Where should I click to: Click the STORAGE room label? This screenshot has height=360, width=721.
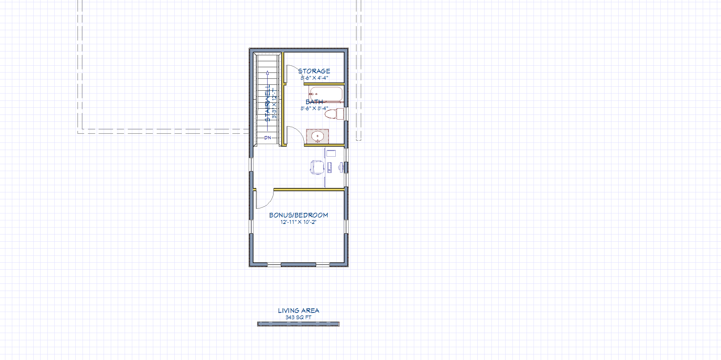314,71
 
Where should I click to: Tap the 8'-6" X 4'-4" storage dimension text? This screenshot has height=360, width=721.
314,78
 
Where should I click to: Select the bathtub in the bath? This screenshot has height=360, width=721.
327,94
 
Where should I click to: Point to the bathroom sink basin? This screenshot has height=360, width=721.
317,136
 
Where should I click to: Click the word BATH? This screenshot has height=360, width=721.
314,102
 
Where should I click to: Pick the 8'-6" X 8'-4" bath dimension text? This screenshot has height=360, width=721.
314,109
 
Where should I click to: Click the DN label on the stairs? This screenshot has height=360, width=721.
268,138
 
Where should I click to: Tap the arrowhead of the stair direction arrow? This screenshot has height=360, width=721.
267,73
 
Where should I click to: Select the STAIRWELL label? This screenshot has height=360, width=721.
268,103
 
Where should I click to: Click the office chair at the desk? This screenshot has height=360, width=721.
317,167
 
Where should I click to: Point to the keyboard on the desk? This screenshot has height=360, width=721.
329,167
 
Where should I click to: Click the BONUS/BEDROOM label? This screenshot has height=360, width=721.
298,215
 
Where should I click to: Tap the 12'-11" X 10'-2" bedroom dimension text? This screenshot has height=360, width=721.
298,222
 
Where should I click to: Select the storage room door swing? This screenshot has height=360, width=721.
293,71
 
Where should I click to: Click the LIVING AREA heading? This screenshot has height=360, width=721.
298,311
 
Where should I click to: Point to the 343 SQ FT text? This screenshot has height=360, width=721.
298,317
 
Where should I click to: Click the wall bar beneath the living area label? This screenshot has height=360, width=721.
298,324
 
